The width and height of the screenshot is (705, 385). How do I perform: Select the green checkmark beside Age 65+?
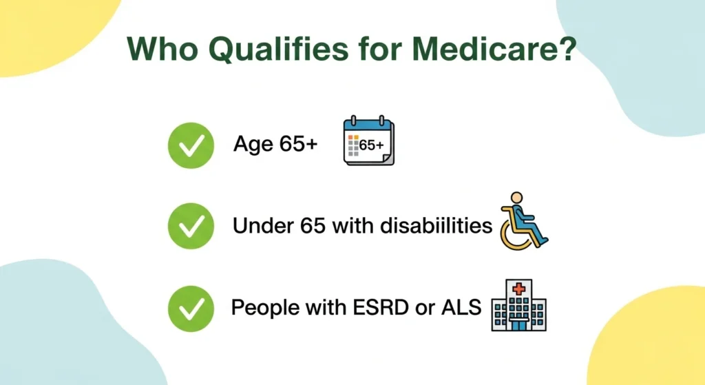191,145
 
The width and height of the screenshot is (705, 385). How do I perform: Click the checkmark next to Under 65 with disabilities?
191,226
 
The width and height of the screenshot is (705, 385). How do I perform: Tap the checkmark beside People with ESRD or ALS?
191,307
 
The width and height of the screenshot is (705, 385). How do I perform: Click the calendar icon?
368,143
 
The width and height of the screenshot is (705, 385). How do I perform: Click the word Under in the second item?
258,225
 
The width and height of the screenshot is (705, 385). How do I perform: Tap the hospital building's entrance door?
518,323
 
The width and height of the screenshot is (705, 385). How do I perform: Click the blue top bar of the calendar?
368,126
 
